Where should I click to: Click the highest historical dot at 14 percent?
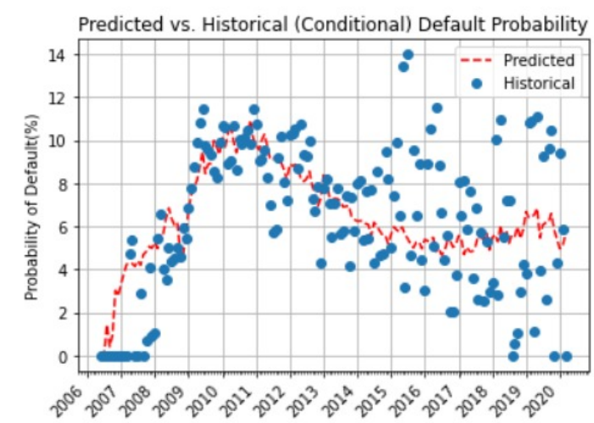pos(408,55)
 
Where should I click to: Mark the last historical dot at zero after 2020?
pos(566,357)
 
